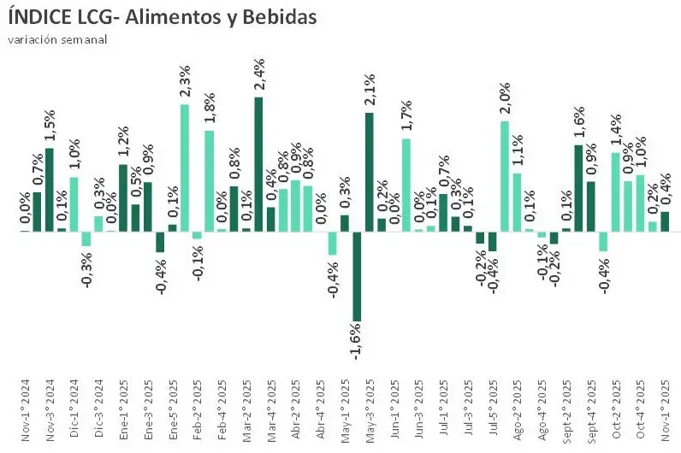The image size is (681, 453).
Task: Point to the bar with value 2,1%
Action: pyautogui.click(x=369, y=172)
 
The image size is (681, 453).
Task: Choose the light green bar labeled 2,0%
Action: pyautogui.click(x=505, y=176)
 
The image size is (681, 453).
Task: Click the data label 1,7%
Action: pyautogui.click(x=406, y=116)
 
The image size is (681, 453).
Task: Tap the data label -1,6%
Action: pyautogui.click(x=357, y=342)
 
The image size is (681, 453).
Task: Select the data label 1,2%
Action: pyautogui.click(x=122, y=142)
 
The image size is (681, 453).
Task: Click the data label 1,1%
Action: pyautogui.click(x=517, y=152)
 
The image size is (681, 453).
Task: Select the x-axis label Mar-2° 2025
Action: pyautogui.click(x=246, y=419)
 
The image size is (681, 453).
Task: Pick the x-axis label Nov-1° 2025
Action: pyautogui.click(x=665, y=419)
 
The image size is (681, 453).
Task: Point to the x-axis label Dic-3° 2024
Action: pyautogui.click(x=98, y=419)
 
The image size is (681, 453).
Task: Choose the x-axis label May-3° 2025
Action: pyautogui.click(x=369, y=419)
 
